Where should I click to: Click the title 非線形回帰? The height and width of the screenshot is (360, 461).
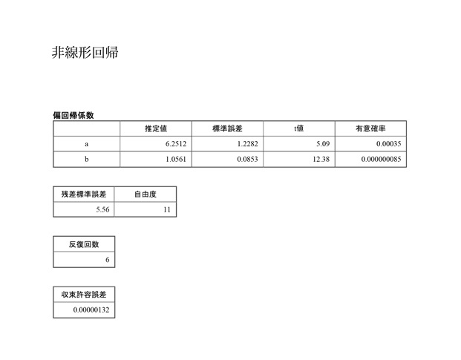85,53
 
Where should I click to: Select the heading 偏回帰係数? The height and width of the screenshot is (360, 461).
73,115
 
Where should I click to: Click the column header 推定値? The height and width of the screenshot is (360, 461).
156,128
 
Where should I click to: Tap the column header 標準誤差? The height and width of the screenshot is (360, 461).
227,128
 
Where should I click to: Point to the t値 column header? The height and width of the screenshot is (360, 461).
298,128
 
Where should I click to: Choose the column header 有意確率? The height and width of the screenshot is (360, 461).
370,128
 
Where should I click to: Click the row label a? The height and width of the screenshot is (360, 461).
86,144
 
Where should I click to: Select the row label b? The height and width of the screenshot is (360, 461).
86,159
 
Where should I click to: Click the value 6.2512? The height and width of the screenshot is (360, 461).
176,144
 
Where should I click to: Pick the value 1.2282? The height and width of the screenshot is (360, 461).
247,144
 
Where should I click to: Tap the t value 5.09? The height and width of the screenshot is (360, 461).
323,144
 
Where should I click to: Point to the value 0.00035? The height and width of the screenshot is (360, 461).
389,144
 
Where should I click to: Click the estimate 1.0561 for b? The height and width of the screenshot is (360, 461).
176,159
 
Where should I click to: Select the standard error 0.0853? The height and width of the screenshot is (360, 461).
247,159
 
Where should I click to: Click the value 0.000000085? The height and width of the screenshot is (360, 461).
381,159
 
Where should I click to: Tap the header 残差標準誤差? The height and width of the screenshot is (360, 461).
84,194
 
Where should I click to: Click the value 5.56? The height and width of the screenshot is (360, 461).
102,209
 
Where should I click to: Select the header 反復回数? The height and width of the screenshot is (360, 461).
84,244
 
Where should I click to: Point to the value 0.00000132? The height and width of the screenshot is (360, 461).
91,310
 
